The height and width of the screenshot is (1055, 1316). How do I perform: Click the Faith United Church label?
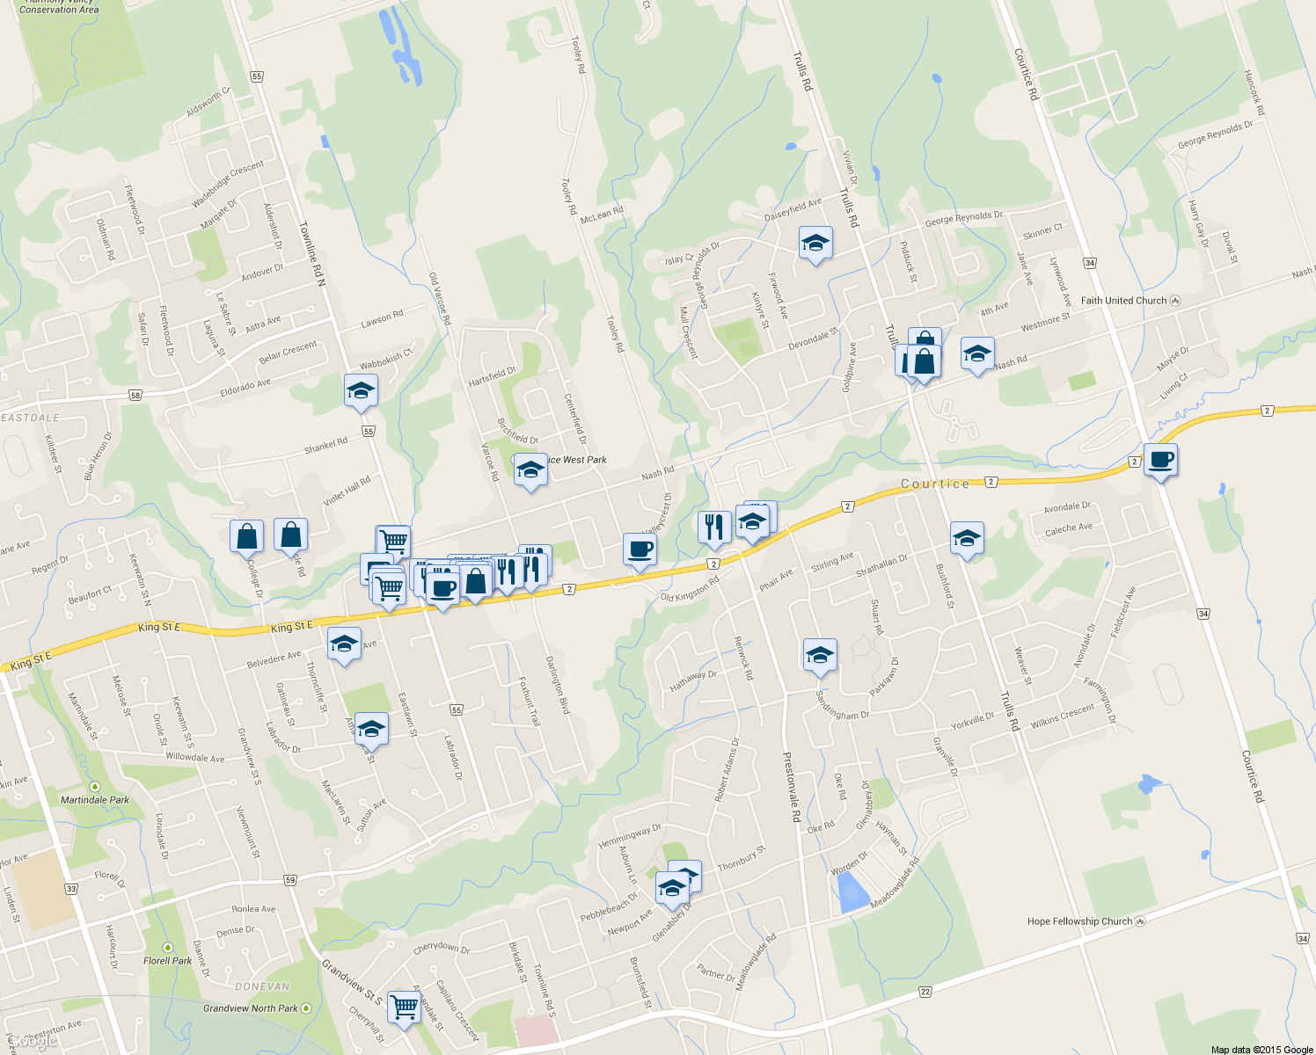coord(1123,301)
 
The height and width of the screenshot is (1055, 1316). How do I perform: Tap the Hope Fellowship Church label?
coord(1079,921)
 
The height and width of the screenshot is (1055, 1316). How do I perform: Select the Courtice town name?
coord(935,484)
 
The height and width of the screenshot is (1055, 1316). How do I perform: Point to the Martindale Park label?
coord(94,800)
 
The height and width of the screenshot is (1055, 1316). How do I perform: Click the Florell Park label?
coord(167,961)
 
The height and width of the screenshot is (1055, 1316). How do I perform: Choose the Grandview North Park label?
coord(251,1008)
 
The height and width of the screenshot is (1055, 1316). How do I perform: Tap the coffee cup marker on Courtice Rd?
coord(1160,460)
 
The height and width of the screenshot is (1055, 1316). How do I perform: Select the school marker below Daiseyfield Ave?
coord(815,244)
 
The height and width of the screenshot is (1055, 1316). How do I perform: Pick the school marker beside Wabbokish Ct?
coord(361,391)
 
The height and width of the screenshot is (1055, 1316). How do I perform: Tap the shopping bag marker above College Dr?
coord(246,535)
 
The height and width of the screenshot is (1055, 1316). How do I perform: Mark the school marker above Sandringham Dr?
coord(820,655)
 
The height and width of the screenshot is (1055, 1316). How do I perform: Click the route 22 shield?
coord(925,992)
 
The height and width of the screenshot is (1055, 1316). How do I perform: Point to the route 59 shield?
coord(290,880)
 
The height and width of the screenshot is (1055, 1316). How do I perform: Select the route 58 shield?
coord(135,396)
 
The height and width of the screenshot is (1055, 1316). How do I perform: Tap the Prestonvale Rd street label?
coord(791,786)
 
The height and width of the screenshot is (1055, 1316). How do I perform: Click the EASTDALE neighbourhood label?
coord(31,418)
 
